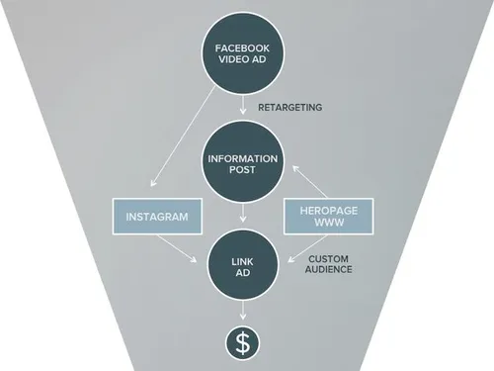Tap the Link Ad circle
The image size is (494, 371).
coord(241,265)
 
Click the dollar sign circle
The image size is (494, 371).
coord(241,342)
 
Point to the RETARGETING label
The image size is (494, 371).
coord(288,107)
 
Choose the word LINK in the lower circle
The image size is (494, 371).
coord(241,258)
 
